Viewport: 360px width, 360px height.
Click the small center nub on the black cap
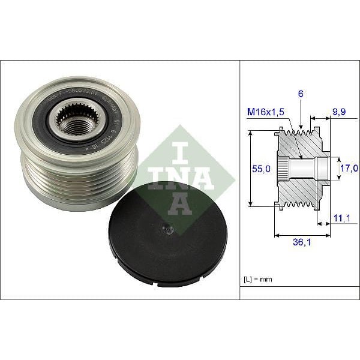tap(167, 229)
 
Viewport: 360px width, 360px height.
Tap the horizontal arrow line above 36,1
tap(302, 235)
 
